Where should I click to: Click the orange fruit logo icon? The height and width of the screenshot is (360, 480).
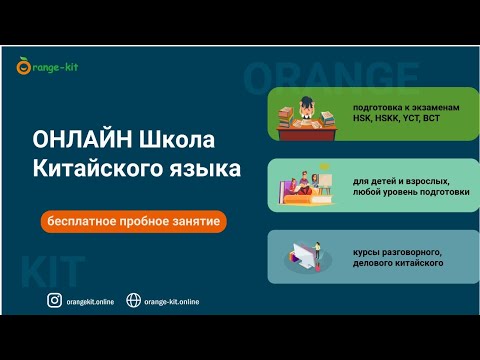(x=23, y=68)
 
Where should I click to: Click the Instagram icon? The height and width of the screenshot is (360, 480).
(x=55, y=301)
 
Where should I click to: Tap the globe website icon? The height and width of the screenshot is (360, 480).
(x=132, y=301)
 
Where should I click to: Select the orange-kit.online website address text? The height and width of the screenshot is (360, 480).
(x=171, y=302)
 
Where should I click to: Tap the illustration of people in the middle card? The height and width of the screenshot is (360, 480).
(x=304, y=186)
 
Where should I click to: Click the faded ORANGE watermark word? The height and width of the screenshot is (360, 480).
(x=330, y=77)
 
